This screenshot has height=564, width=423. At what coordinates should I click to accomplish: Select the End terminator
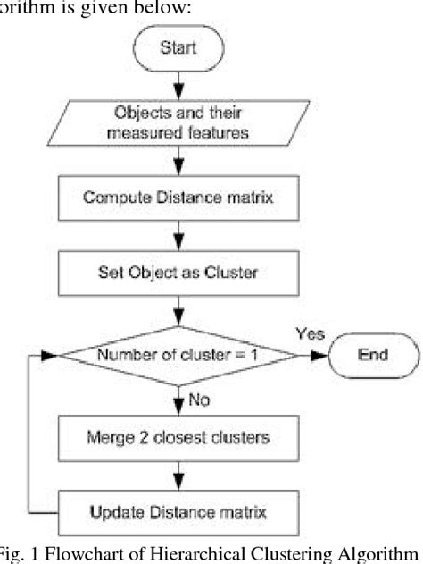[372, 355]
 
